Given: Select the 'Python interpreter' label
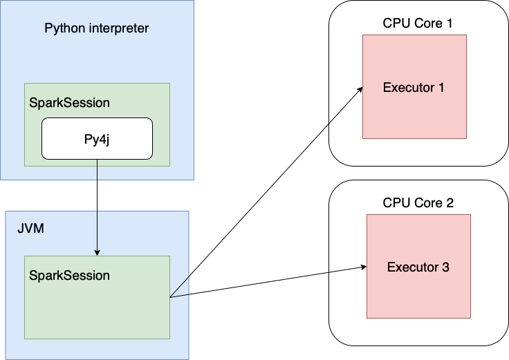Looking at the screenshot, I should click(x=97, y=28).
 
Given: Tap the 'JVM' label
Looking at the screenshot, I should click(x=30, y=229).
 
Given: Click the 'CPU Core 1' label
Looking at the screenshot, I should click(x=418, y=23).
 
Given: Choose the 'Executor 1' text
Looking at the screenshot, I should click(x=414, y=88).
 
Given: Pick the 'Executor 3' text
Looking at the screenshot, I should click(x=418, y=267).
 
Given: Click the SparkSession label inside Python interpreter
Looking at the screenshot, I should click(x=69, y=102).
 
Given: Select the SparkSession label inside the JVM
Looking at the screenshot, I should click(x=69, y=275).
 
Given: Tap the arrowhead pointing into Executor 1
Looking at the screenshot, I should click(x=360, y=90).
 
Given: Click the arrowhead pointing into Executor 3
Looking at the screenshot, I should click(x=362, y=266).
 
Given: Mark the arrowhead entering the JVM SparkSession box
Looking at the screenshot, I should click(x=97, y=252).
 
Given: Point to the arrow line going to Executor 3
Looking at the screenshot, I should click(x=266, y=282).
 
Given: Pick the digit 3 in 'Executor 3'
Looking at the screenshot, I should click(x=445, y=267).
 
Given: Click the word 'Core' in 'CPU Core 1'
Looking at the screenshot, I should click(x=427, y=23).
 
